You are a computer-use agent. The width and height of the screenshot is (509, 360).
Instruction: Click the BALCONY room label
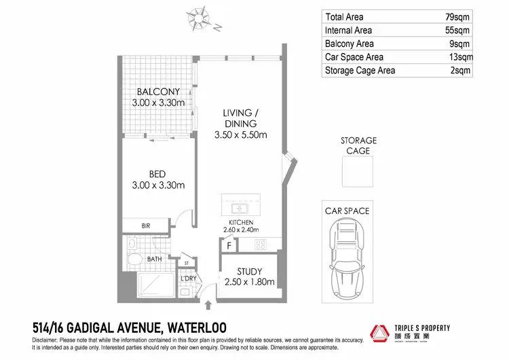[158, 92]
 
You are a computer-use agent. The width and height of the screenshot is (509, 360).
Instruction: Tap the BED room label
[158, 175]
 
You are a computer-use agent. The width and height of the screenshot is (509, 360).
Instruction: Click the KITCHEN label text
[241, 223]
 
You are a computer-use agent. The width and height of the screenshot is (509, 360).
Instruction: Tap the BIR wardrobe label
[145, 226]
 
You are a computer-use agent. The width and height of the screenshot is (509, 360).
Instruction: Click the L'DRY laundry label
[187, 278]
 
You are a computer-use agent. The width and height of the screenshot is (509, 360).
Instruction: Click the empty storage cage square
[358, 171]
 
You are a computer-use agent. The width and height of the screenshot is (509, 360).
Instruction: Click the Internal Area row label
[349, 31]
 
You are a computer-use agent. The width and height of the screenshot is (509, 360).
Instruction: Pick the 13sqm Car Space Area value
[457, 57]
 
